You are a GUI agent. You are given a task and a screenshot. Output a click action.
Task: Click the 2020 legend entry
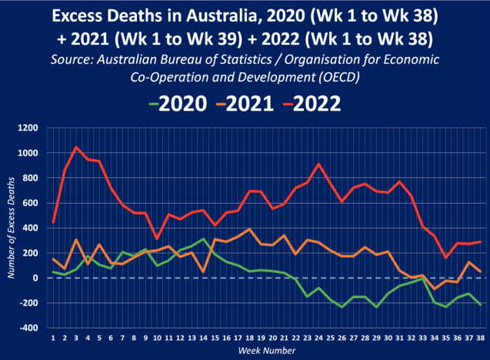click(181, 104)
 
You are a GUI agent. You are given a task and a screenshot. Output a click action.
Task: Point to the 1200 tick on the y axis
click(32, 128)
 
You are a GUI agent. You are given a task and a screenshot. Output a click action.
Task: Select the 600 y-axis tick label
click(35, 203)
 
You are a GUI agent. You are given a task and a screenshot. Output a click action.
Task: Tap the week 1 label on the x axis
click(52, 337)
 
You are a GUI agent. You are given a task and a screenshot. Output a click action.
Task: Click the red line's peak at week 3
click(75, 147)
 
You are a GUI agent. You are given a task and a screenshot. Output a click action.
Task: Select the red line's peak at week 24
click(318, 164)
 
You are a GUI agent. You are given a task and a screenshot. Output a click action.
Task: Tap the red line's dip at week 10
click(156, 238)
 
